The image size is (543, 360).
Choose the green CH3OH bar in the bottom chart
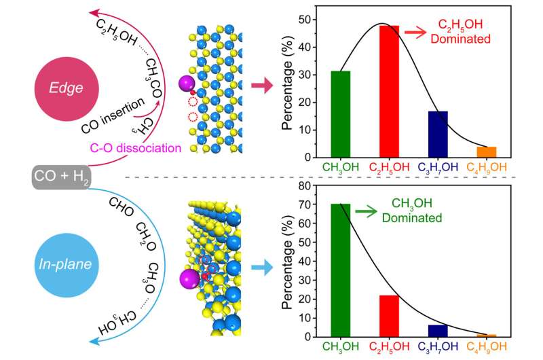[340, 270]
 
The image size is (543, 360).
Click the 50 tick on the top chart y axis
[306, 20]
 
